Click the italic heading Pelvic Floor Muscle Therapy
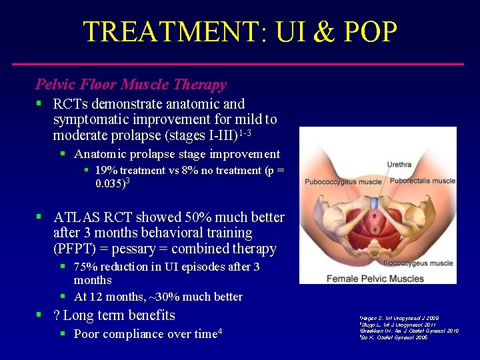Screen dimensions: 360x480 131,85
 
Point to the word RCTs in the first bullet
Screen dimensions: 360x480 72,104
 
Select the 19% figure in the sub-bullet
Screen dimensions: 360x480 107,171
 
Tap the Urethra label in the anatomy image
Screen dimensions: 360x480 399,165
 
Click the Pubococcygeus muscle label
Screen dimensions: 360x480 343,181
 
